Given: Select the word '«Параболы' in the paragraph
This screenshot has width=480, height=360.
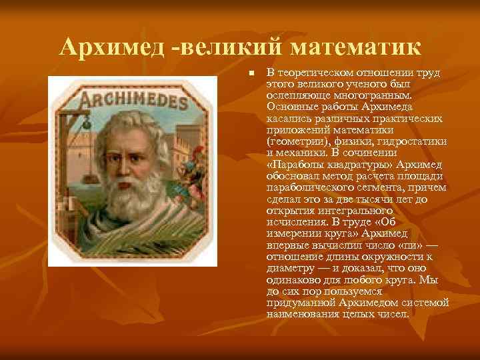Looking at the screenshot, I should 293,165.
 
